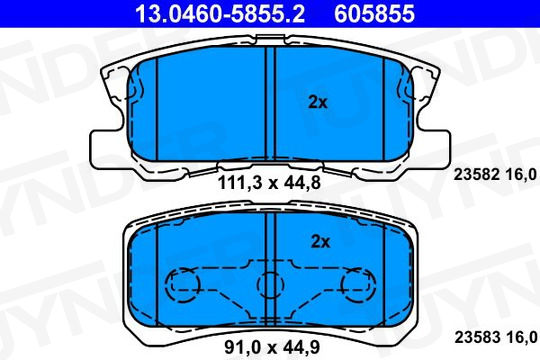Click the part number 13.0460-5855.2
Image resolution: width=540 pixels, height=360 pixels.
(x=220, y=13)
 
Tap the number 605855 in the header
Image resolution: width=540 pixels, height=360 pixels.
(x=374, y=13)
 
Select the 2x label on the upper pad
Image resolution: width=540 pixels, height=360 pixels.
(x=318, y=102)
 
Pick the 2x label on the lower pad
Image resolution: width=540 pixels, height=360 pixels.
(x=320, y=242)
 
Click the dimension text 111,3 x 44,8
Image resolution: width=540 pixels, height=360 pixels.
(x=269, y=183)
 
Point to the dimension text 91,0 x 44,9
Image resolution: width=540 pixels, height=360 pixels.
(x=272, y=347)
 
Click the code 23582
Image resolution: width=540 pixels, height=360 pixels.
(x=476, y=175)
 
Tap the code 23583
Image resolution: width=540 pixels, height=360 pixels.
(x=477, y=337)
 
